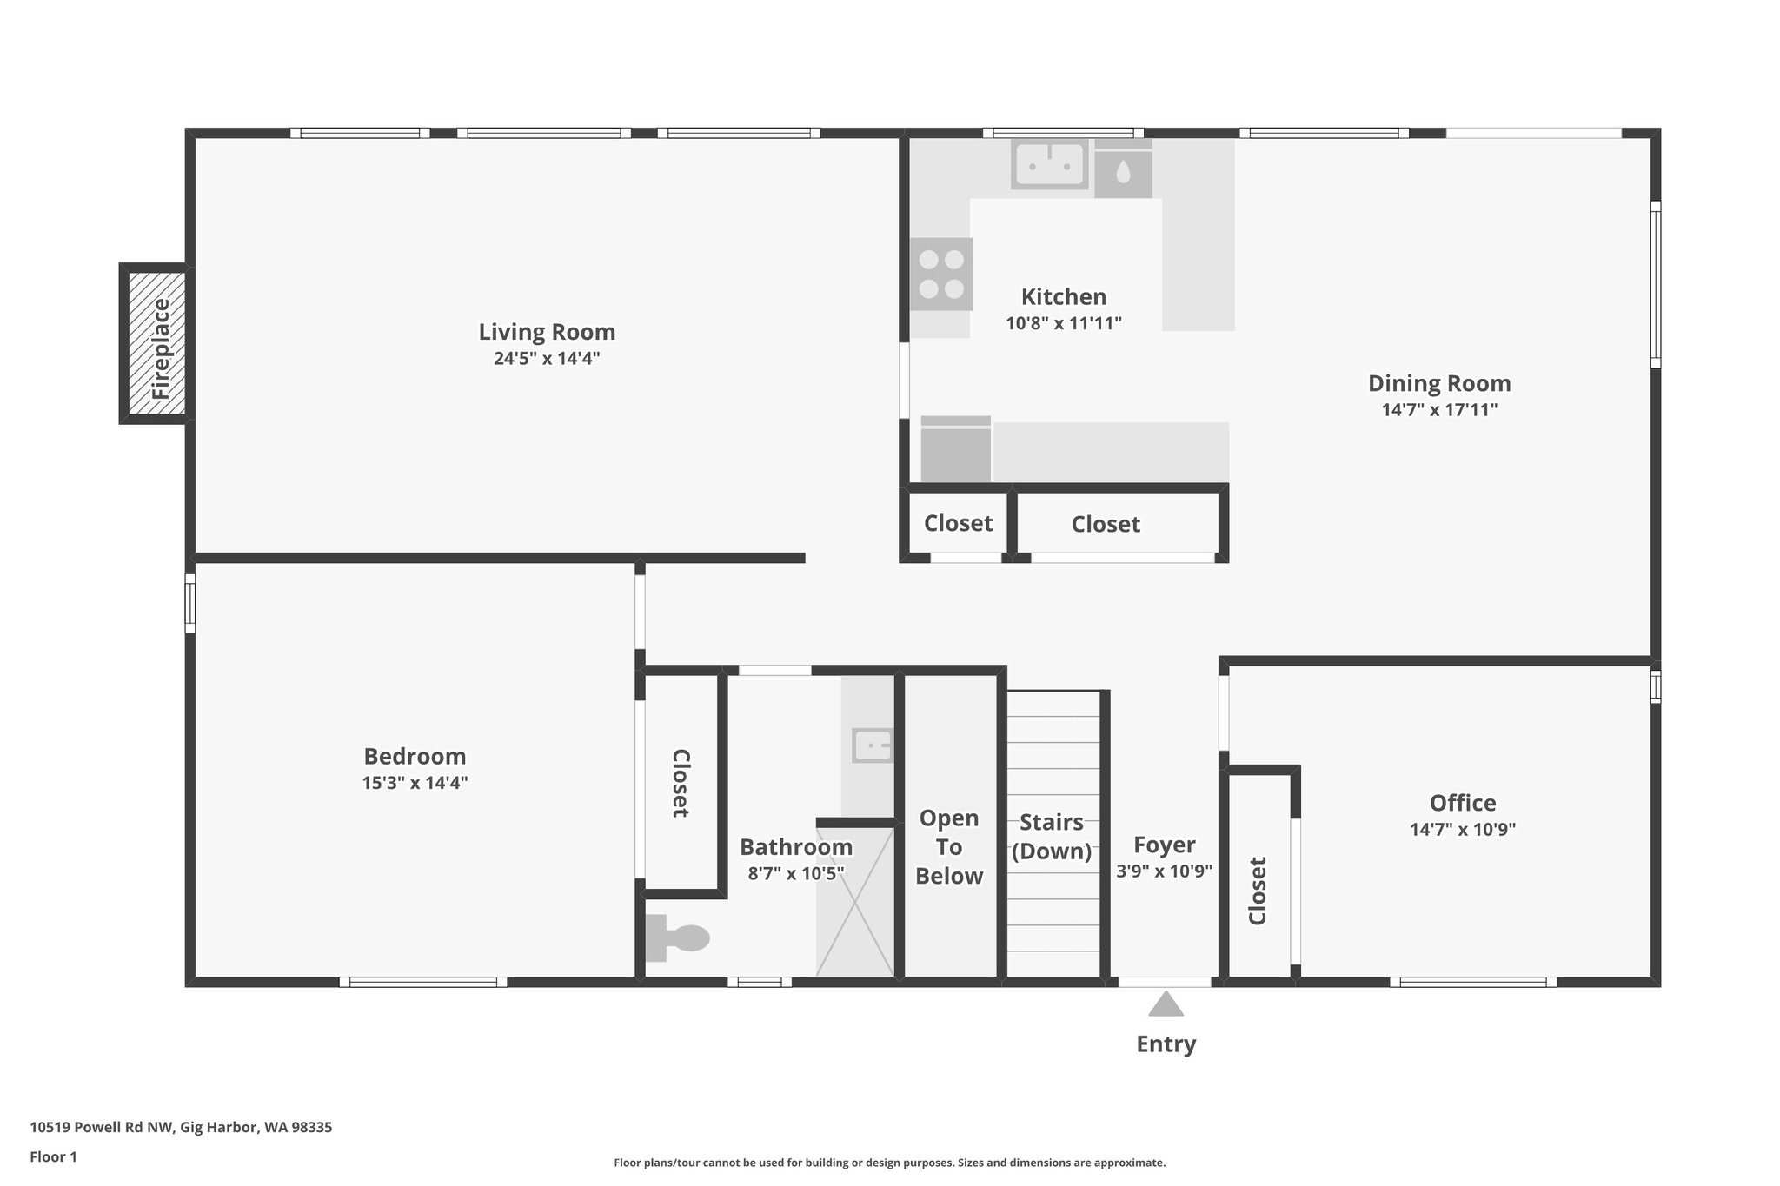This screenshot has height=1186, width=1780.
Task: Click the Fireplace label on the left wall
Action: point(162,348)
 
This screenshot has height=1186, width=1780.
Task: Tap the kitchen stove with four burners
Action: point(941,274)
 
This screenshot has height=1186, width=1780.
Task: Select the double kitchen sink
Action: point(1050,164)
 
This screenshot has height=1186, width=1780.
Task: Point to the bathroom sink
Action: point(872,745)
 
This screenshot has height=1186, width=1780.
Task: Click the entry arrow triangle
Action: point(1166,1005)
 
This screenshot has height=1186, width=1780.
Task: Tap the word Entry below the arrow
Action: point(1166,1044)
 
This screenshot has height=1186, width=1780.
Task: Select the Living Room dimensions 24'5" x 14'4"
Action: point(547,358)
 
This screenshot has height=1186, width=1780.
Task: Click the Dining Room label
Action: point(1439,383)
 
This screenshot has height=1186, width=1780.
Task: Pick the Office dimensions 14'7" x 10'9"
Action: point(1463,829)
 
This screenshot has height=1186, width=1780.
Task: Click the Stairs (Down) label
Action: point(1052,836)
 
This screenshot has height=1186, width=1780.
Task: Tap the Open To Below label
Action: point(949,847)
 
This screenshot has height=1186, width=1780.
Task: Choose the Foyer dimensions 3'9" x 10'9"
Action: point(1164,871)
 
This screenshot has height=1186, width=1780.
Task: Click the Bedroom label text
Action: point(415,756)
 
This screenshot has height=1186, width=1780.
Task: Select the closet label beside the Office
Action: point(1258,891)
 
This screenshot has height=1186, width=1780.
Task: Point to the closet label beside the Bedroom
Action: point(681,783)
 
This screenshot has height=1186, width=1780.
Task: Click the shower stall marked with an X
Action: point(855,901)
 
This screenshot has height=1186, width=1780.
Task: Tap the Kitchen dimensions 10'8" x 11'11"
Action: point(1064,323)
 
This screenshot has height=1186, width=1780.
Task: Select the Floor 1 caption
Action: point(54,1156)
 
